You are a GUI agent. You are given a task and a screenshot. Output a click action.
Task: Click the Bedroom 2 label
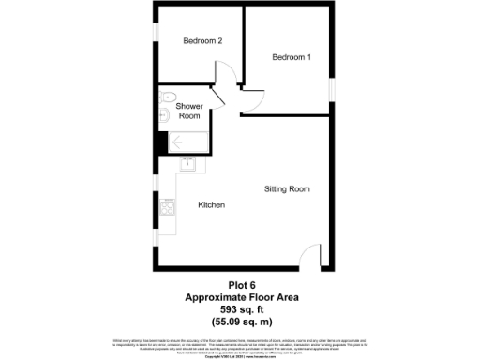pos(202,41)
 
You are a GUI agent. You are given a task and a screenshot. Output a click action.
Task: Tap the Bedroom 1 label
pos(291,57)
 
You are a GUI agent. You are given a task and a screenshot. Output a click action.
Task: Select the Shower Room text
pos(190,112)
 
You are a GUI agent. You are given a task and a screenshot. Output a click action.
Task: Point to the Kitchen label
pos(211,204)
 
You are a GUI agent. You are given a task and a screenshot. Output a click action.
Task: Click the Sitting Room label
pos(287,189)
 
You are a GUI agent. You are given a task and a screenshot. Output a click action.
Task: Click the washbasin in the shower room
pos(164,116)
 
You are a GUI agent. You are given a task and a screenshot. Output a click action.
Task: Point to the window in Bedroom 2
pos(155,28)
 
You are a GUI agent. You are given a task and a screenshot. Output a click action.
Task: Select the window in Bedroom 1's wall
pos(332,86)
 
